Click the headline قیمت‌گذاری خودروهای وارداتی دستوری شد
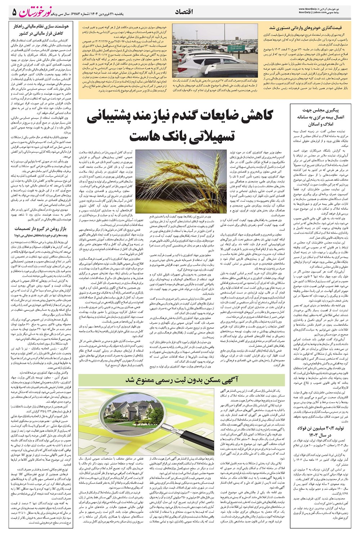[311, 28]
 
